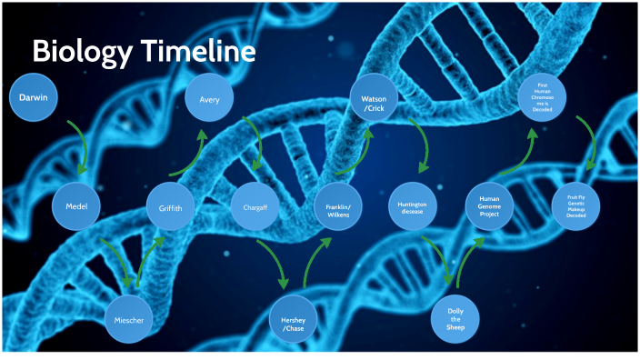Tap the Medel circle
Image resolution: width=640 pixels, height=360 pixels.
tap(75, 206)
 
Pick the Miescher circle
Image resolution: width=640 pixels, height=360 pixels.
tap(129, 320)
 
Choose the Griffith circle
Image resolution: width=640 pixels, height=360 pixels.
tap(170, 208)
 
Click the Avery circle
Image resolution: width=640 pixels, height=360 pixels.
tap(209, 97)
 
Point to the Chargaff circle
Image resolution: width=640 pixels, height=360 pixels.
tap(255, 207)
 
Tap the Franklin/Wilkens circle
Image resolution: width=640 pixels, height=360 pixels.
tap(338, 207)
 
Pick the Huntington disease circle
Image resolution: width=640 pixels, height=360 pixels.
tap(413, 207)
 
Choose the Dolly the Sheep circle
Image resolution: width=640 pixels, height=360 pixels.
tap(455, 319)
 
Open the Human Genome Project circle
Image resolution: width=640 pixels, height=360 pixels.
tap(489, 207)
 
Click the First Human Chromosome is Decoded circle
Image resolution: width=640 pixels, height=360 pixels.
tap(542, 99)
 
